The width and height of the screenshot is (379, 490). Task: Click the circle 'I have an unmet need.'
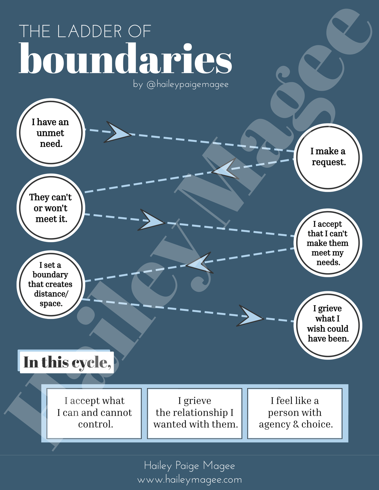pyautogui.click(x=51, y=133)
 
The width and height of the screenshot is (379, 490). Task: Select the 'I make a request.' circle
pyautogui.click(x=328, y=157)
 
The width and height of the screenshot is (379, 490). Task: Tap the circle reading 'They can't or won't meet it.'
pyautogui.click(x=51, y=208)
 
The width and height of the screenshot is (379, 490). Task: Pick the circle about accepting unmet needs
pyautogui.click(x=328, y=243)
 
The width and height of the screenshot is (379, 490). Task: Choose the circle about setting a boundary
pyautogui.click(x=51, y=284)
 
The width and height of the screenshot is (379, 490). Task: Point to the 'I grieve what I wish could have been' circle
pyautogui.click(x=328, y=325)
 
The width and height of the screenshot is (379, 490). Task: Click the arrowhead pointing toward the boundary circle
pyautogui.click(x=200, y=264)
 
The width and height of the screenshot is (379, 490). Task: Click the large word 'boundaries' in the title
pyautogui.click(x=125, y=59)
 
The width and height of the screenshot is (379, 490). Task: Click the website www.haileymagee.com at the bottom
pyautogui.click(x=189, y=479)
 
